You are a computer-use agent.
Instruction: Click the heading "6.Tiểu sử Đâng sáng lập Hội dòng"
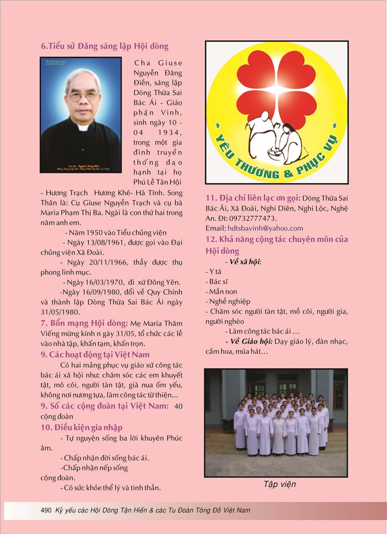click(x=105, y=46)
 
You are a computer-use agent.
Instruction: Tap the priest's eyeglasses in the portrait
click(x=83, y=96)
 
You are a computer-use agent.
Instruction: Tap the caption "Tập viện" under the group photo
click(x=279, y=484)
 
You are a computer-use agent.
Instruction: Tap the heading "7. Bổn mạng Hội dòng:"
click(x=84, y=323)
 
